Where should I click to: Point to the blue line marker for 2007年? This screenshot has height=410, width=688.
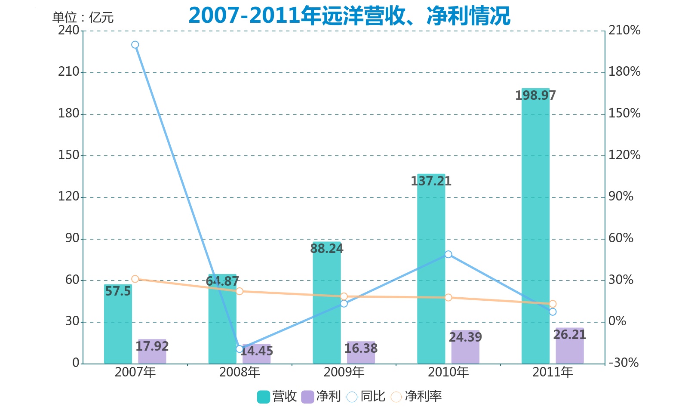(x=135, y=45)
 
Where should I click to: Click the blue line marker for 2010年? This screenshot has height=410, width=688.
(x=448, y=254)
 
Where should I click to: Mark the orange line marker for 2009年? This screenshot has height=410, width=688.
(x=344, y=296)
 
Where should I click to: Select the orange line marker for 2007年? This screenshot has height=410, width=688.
(x=135, y=279)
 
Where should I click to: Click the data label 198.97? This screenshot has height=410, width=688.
(x=535, y=95)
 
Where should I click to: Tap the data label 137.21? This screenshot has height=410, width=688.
(x=431, y=181)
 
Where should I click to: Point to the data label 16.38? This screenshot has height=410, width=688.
(x=361, y=348)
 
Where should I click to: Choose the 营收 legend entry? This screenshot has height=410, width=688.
(x=277, y=396)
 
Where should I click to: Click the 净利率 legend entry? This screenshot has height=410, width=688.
(x=416, y=396)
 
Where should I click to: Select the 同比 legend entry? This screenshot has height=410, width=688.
(x=366, y=396)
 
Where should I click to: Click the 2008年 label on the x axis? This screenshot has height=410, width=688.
(x=240, y=372)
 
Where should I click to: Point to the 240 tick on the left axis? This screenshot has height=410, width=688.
(x=69, y=30)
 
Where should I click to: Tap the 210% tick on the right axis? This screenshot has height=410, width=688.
(x=624, y=30)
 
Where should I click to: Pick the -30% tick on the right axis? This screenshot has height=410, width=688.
(x=623, y=363)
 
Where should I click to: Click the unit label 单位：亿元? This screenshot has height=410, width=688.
(x=83, y=17)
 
